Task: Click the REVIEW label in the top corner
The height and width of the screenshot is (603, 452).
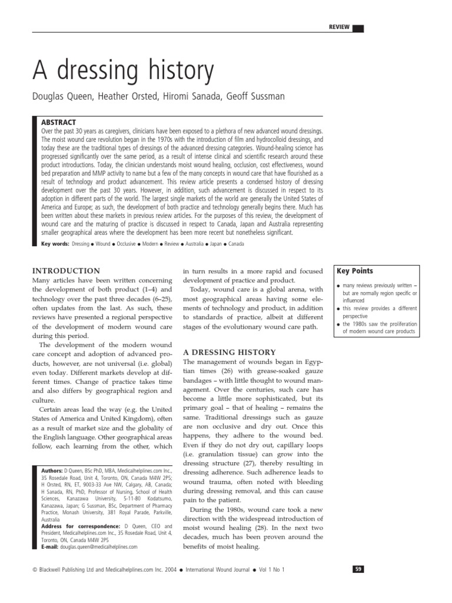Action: (340, 27)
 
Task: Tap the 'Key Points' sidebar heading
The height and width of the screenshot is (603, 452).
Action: (354, 271)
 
